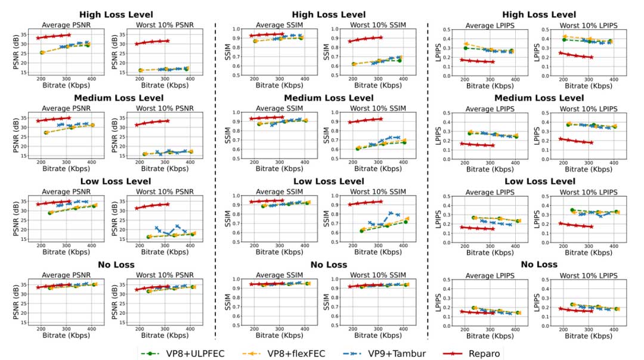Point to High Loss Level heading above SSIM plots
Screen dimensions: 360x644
(323, 14)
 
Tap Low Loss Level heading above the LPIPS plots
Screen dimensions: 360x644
(540, 181)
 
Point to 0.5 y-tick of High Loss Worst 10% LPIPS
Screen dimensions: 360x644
(550, 29)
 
